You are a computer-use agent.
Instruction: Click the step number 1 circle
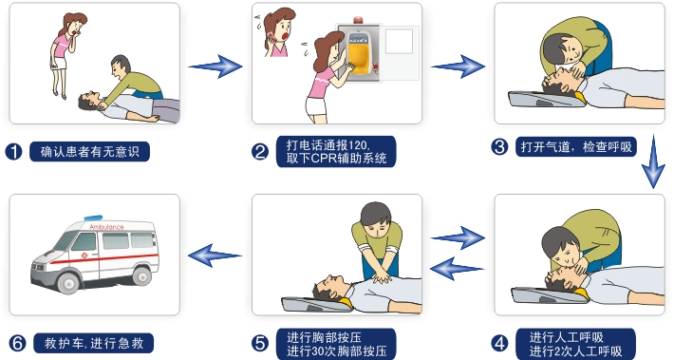13,152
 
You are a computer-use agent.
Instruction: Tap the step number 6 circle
17,343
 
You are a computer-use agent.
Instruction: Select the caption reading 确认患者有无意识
90,152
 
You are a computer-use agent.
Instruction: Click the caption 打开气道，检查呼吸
576,147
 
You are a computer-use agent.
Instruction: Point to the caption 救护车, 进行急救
94,343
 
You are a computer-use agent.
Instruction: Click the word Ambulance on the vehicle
106,227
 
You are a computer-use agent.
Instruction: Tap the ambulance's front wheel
68,282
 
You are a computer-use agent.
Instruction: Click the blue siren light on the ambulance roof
93,218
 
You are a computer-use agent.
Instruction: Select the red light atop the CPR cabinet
358,20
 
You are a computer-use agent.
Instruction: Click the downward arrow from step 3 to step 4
653,161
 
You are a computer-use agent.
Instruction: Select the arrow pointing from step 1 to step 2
215,66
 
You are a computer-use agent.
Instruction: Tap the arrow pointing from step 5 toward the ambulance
215,256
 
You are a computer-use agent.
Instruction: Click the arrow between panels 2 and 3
459,66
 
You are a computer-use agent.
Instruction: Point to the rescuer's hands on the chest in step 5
382,278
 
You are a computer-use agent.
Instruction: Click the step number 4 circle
500,343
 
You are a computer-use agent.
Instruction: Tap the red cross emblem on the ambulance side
84,256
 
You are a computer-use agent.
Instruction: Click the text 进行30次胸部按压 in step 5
337,351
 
